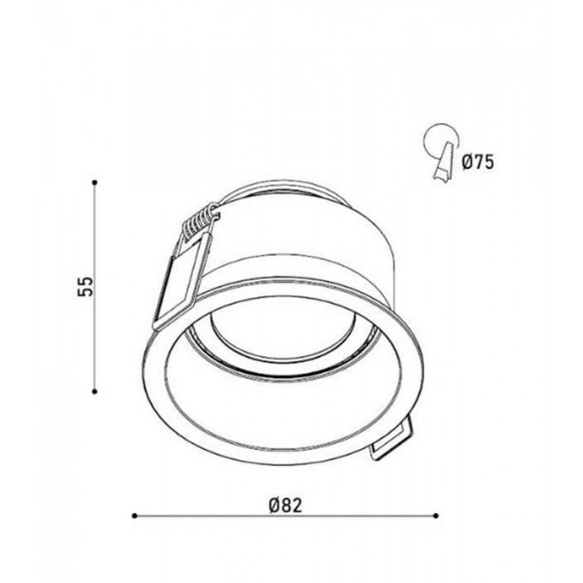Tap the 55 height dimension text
85,287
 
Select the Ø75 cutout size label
478,162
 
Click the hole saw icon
442,152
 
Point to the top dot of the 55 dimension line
95,182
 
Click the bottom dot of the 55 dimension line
95,391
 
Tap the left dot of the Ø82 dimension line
135,516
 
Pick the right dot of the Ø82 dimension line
436,516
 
